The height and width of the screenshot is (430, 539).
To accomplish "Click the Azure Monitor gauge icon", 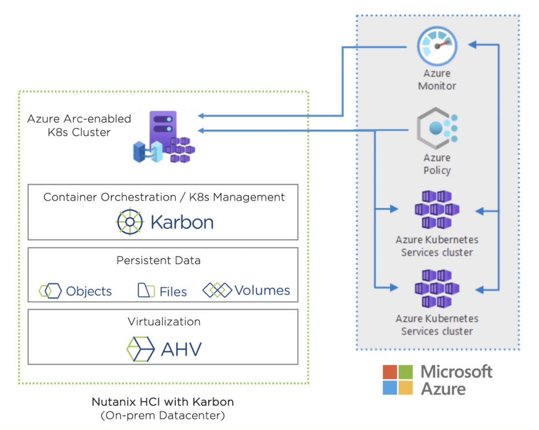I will (x=437, y=47).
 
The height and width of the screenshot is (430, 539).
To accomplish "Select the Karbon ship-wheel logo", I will (x=129, y=222).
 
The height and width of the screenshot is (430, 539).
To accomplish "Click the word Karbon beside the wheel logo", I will (x=182, y=222).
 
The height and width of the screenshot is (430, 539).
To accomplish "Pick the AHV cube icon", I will (x=141, y=349).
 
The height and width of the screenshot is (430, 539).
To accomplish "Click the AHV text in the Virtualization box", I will (x=182, y=349).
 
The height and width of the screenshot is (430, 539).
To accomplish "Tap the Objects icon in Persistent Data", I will (x=50, y=291).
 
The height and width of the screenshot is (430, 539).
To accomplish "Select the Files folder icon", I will (x=146, y=291).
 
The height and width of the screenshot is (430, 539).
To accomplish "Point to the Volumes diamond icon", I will (x=217, y=290).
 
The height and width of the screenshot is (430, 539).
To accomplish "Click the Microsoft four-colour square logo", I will (x=398, y=379).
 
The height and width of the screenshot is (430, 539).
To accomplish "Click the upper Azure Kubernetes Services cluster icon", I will (x=437, y=210).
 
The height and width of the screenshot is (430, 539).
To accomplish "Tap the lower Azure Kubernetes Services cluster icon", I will (x=437, y=289).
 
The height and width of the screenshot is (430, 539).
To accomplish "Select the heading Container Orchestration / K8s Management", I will (x=164, y=197).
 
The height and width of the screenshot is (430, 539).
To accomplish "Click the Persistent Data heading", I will (x=159, y=260).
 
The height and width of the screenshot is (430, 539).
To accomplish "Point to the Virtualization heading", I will (x=164, y=321).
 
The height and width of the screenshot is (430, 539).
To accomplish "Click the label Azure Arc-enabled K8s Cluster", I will (x=79, y=125).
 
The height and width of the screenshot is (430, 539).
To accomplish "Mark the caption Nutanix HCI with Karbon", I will (x=163, y=402).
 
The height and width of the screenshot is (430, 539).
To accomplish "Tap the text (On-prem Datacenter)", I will (x=163, y=415).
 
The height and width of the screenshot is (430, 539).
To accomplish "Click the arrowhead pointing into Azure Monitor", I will (x=472, y=44).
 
